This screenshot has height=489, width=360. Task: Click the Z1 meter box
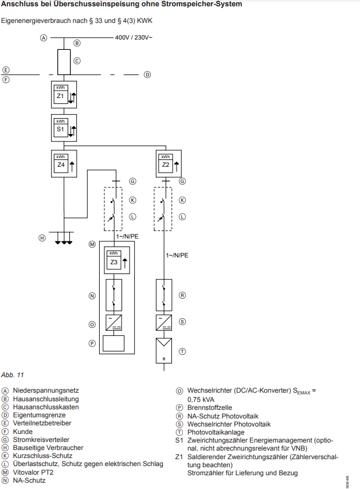[64, 95]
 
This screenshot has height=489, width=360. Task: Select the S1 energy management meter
[64, 128]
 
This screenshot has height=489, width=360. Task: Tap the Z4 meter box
[64, 164]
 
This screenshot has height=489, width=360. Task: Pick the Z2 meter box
[169, 164]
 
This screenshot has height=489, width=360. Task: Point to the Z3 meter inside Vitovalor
[117, 260]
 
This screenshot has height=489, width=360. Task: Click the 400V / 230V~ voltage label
[134, 37]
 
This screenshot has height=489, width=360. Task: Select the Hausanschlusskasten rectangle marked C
[64, 62]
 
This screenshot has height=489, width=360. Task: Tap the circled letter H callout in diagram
[42, 238]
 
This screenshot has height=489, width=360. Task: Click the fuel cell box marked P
[114, 343]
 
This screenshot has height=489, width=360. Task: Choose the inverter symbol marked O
[114, 323]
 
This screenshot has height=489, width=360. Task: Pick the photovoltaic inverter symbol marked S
[164, 323]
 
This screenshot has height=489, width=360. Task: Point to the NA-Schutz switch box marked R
[164, 295]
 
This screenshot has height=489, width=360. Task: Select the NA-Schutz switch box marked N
[114, 295]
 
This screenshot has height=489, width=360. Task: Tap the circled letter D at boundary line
[147, 75]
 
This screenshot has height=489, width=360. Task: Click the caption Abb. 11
[13, 375]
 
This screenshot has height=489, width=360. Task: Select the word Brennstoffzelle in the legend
[210, 408]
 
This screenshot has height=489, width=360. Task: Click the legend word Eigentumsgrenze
[40, 415]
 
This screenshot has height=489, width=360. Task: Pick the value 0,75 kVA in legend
[201, 400]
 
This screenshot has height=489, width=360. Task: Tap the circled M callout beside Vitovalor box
[92, 244]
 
